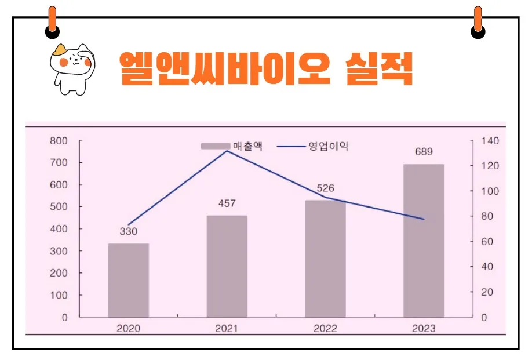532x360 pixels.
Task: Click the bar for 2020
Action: click(x=128, y=280)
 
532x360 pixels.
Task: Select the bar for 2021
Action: click(x=227, y=266)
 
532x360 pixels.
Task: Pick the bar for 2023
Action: click(x=424, y=241)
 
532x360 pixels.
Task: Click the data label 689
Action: click(x=424, y=152)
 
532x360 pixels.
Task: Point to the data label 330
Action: click(x=129, y=232)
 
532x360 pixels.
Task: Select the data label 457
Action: click(x=227, y=203)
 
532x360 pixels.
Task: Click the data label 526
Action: click(x=325, y=188)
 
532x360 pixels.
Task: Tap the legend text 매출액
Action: click(x=247, y=146)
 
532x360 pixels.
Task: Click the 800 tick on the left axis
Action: click(x=59, y=141)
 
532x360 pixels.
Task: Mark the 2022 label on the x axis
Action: click(x=325, y=329)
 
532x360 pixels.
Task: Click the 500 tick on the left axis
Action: click(x=59, y=207)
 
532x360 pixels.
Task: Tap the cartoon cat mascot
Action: click(x=72, y=68)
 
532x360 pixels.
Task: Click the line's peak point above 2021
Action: click(x=227, y=151)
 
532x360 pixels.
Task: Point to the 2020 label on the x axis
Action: click(x=128, y=329)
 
